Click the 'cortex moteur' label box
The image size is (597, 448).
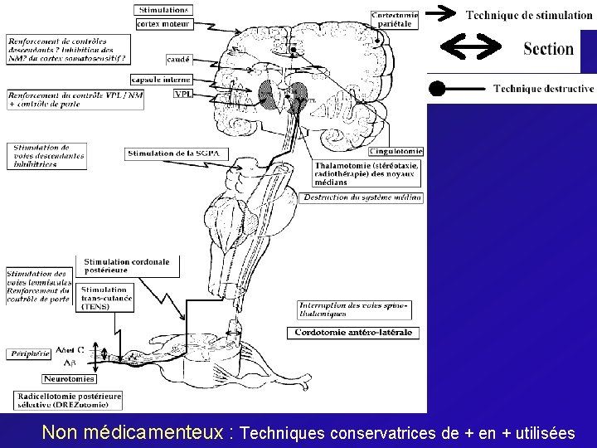[x=164, y=24]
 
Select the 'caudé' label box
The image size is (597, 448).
[x=178, y=60]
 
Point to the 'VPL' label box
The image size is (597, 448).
[x=182, y=94]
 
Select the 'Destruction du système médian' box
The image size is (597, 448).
[x=362, y=197]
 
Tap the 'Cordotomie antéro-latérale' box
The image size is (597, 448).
[x=354, y=333]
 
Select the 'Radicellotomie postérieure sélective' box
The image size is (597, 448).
[x=67, y=400]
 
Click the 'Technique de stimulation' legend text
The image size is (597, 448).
[x=528, y=15]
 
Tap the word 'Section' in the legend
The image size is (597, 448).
[x=548, y=48]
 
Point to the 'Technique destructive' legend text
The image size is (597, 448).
[x=543, y=88]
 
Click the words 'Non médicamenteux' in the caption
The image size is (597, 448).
[x=137, y=432]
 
